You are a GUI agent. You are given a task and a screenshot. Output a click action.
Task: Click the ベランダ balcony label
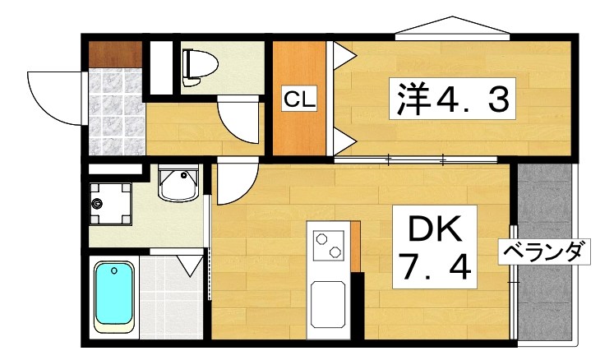(547, 252)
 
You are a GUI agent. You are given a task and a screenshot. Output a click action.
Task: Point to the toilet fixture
(198, 66)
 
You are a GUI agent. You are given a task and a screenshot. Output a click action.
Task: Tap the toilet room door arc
(238, 119)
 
